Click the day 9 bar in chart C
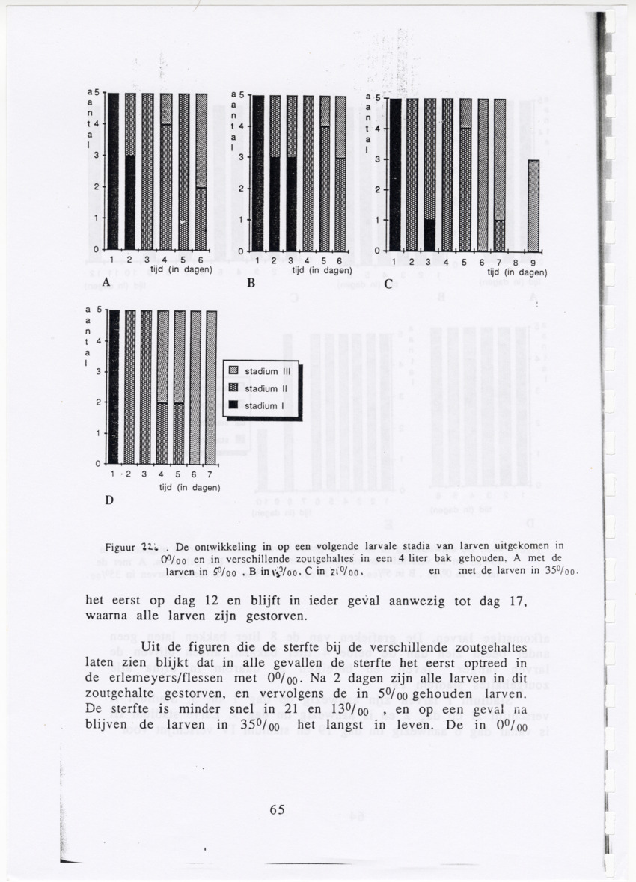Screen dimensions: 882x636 tap(533, 205)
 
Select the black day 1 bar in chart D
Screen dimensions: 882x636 tap(114, 387)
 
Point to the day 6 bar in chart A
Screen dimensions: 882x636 tap(201, 171)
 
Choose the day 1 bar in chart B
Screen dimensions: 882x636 tap(257, 173)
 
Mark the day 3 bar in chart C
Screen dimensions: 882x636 tap(429, 174)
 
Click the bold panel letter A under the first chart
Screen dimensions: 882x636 tap(106, 284)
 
